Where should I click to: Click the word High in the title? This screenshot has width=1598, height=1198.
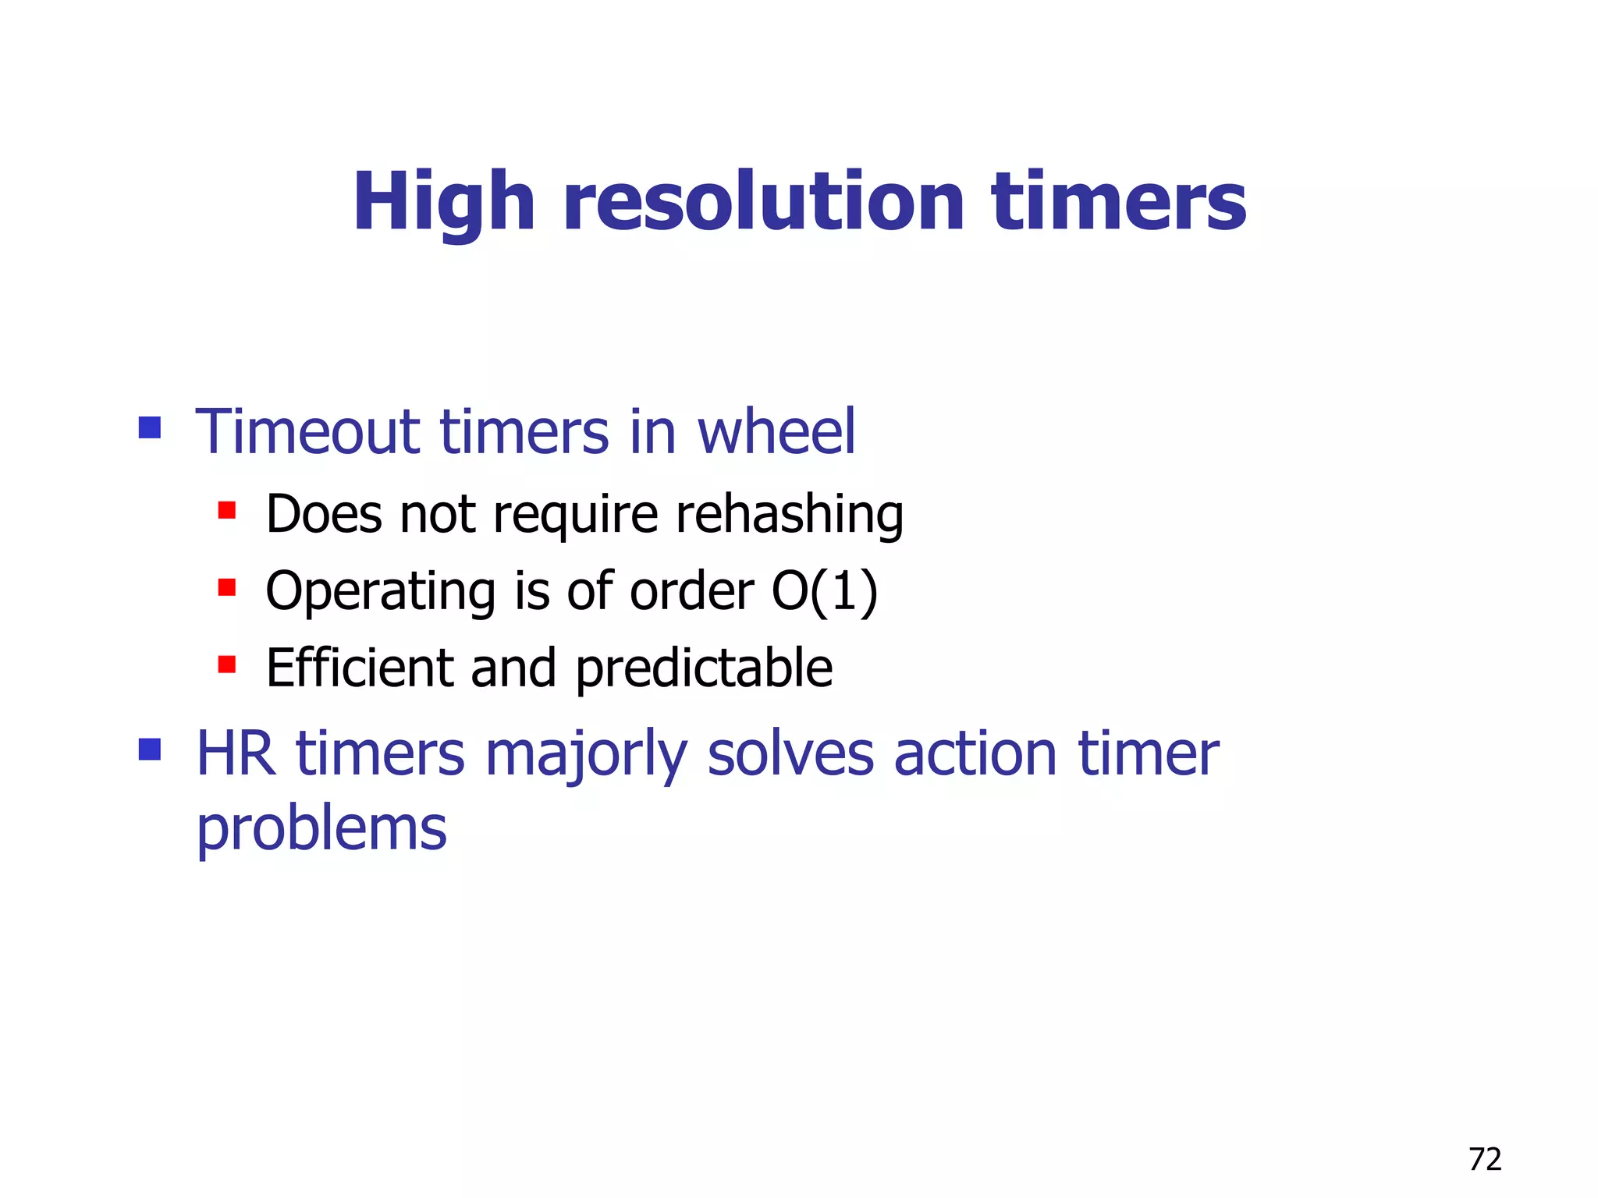[443, 203]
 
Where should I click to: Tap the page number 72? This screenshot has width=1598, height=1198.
[1484, 1160]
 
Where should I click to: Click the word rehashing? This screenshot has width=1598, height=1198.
[789, 515]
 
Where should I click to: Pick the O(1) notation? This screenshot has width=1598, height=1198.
[824, 591]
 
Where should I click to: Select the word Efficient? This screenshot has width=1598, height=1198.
[359, 668]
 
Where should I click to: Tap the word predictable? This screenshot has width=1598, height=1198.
[704, 669]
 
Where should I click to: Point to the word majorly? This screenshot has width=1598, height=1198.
[586, 755]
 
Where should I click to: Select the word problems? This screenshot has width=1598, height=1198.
[321, 828]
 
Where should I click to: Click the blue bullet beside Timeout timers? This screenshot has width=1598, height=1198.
[150, 427]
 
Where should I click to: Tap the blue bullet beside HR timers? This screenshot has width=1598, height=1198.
[150, 750]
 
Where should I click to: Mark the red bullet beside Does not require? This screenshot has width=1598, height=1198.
[227, 510]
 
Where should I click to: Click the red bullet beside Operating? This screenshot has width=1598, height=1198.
[227, 587]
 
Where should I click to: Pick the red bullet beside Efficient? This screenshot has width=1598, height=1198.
[227, 664]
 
